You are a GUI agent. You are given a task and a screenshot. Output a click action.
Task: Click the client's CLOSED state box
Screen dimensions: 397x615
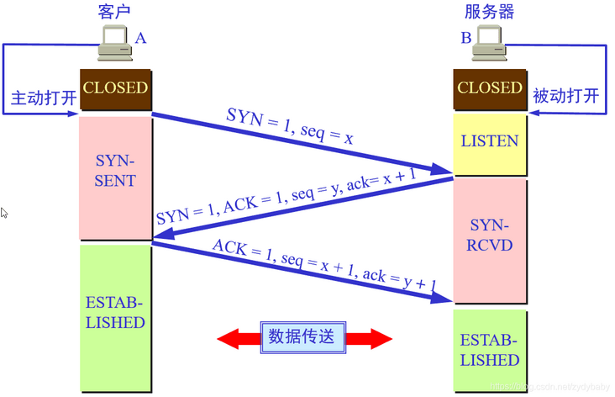[x=115, y=88]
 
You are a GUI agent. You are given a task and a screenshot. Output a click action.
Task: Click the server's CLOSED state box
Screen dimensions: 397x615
[x=490, y=88]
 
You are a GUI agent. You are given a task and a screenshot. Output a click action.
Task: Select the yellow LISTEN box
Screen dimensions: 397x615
[x=490, y=141]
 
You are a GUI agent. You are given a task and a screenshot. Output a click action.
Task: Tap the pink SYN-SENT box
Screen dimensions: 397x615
[x=115, y=170]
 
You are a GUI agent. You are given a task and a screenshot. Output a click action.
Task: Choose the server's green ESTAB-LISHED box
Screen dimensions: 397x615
[x=490, y=350]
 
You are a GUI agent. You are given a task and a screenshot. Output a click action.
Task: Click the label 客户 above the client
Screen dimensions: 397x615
[x=115, y=12]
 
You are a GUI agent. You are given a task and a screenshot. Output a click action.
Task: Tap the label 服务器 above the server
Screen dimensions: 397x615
[x=489, y=12]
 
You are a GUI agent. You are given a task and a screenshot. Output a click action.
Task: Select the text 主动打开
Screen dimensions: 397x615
[x=43, y=98]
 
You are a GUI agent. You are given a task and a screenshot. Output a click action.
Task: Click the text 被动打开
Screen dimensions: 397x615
[x=566, y=96]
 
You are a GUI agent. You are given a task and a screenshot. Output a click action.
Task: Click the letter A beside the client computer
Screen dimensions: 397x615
[x=140, y=38]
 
